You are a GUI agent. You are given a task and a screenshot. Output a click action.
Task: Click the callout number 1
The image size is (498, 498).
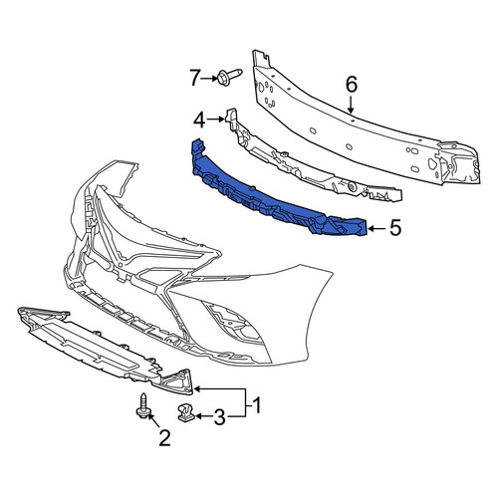[256, 405]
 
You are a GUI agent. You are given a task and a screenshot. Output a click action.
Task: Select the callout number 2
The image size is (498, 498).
[164, 438]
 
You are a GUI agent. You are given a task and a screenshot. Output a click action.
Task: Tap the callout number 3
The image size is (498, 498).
[219, 417]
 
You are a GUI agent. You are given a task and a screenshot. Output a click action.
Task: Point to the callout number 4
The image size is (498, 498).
[199, 121]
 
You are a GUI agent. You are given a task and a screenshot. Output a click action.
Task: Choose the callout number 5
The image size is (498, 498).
[395, 228]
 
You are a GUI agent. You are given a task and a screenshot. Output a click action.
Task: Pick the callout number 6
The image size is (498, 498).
[352, 84]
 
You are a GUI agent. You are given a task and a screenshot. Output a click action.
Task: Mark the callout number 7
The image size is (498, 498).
[195, 79]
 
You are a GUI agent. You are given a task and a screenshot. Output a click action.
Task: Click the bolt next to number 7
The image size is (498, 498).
[229, 77]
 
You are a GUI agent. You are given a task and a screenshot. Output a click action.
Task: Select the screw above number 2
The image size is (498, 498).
[143, 405]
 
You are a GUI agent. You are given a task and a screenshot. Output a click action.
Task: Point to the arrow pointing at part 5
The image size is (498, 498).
[376, 228]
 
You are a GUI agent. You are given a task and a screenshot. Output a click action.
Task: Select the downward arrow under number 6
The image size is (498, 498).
[352, 105]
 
